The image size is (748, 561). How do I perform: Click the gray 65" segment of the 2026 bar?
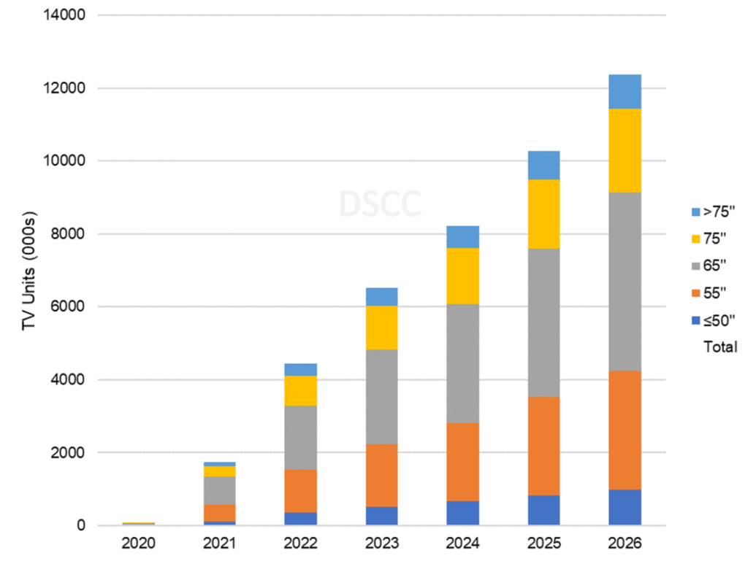(x=625, y=282)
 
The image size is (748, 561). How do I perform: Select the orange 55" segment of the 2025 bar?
(x=543, y=446)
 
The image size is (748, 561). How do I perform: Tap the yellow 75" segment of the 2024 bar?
(x=462, y=276)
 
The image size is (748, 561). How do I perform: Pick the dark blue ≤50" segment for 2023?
(x=381, y=516)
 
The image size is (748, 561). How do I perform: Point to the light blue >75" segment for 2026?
(x=625, y=91)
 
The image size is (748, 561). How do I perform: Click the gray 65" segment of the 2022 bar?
(x=300, y=437)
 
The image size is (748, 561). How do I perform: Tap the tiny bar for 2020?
(x=138, y=523)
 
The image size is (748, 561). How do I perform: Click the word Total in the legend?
(x=720, y=347)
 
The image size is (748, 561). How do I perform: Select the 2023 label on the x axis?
(x=381, y=544)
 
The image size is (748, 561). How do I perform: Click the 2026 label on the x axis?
(x=625, y=544)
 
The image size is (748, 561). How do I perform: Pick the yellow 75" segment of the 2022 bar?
(x=300, y=390)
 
